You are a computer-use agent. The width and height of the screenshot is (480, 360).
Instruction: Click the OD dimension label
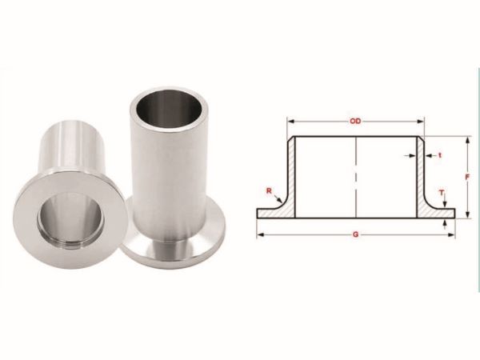point(355,122)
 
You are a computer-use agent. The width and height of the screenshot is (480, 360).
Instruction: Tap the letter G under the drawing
point(355,234)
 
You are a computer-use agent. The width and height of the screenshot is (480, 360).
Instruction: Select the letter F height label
point(467,177)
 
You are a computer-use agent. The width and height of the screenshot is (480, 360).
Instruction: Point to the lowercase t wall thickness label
point(440,155)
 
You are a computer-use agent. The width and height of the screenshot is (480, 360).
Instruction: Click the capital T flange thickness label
point(442,193)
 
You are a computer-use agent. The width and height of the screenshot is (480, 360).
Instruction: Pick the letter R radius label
point(269,191)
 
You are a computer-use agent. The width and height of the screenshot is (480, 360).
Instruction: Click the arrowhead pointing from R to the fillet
point(280,201)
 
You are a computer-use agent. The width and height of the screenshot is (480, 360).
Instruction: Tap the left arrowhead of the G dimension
point(260,234)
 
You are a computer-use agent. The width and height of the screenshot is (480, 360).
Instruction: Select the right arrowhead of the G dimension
point(451,234)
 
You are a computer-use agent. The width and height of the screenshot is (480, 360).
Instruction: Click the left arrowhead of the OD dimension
point(291,122)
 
